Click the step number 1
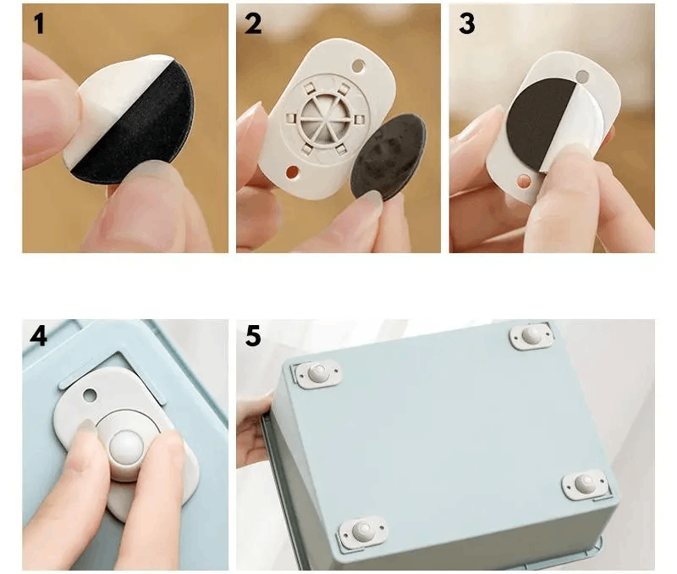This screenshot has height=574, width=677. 39,24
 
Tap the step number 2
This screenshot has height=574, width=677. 253,24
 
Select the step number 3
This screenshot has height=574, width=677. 467,24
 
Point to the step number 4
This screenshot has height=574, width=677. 38,335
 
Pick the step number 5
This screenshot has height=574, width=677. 253,335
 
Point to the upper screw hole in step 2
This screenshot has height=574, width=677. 358,66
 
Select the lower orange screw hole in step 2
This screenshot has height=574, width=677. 292,173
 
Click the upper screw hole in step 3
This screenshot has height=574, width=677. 582,77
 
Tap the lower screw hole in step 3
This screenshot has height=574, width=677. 524,181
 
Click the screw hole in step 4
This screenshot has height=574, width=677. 90,395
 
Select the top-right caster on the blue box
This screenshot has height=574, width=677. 531,336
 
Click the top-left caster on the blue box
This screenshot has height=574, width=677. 318,373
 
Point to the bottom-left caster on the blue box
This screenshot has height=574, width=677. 363,531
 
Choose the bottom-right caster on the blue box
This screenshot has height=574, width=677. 585,484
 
